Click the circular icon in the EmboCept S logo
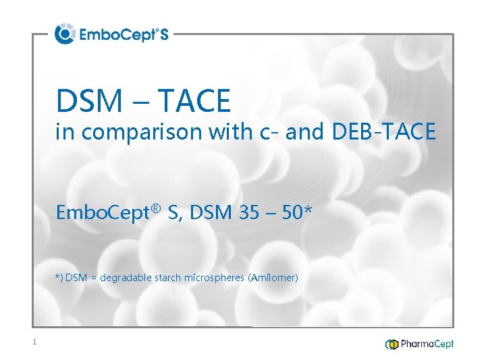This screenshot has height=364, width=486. click(x=65, y=34)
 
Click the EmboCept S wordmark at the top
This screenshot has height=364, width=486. click(x=123, y=34)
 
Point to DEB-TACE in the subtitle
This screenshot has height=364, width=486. click(x=383, y=132)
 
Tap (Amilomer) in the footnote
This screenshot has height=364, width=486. click(x=273, y=277)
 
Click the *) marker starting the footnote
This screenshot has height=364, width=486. click(x=59, y=277)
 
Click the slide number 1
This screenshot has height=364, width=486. click(x=34, y=343)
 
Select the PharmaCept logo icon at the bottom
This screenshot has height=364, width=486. click(x=391, y=344)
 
